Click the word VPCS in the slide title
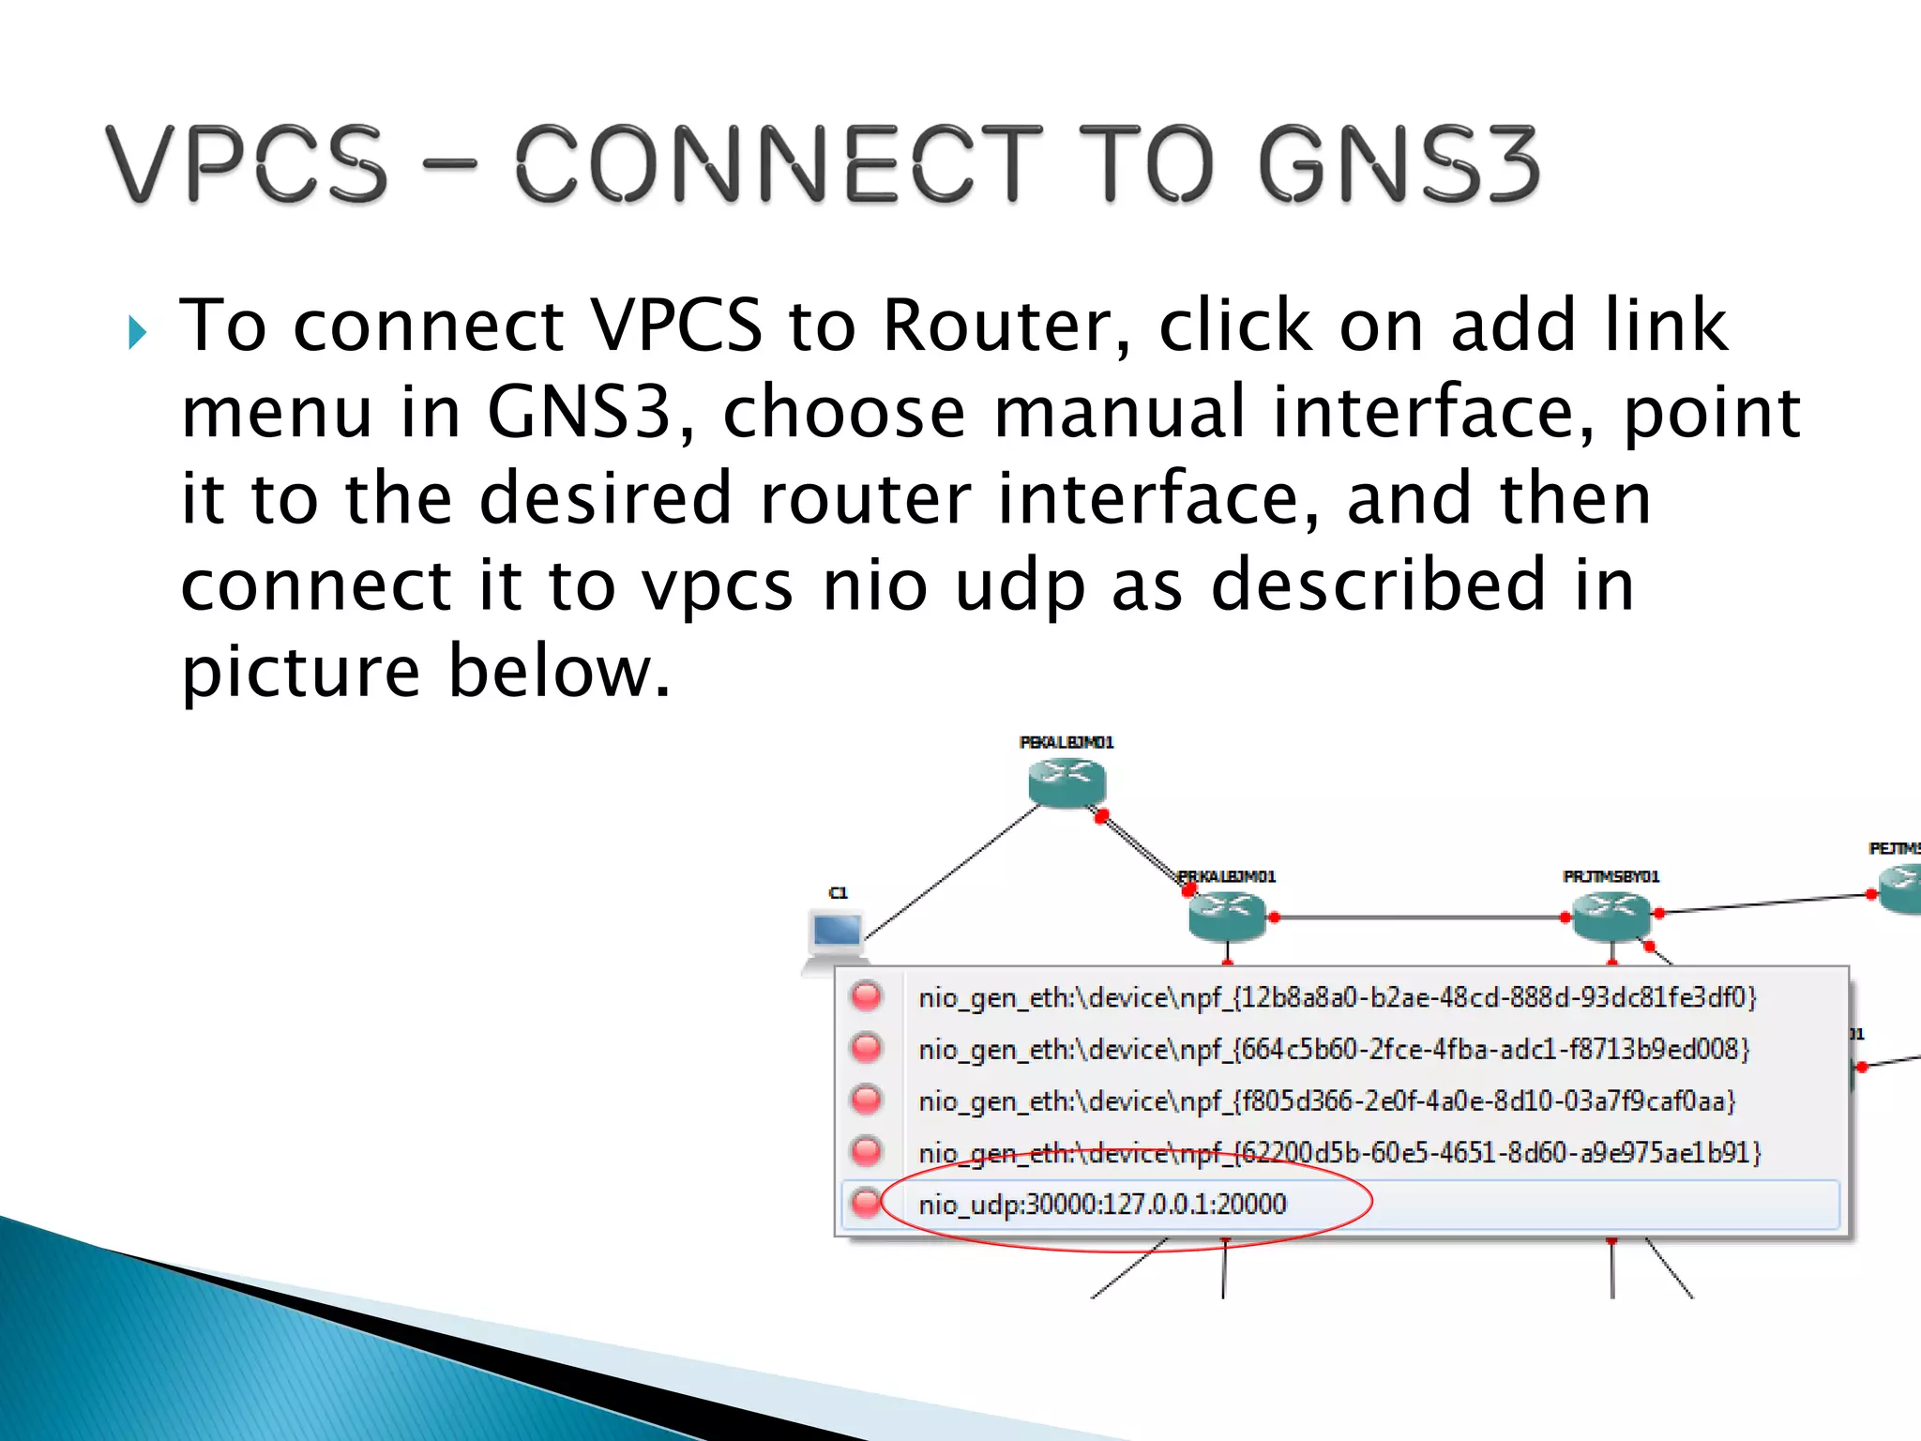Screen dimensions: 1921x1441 (246, 164)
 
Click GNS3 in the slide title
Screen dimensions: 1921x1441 (1398, 164)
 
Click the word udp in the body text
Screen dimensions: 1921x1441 (1020, 584)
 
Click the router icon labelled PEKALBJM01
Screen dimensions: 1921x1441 (1066, 781)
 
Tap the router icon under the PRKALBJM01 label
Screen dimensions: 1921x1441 (1227, 914)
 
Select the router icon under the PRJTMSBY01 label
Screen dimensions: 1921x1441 (1611, 914)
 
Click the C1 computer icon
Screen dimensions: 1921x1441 (837, 936)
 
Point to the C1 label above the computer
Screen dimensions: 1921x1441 (838, 892)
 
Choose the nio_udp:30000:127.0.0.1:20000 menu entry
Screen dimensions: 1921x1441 (1102, 1204)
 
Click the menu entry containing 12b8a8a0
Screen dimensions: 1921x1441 (1337, 996)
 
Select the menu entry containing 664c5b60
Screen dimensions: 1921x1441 (1334, 1048)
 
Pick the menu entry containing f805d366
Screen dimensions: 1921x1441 (1327, 1100)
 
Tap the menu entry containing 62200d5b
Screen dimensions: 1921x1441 (1339, 1152)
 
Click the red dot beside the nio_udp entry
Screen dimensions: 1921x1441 (866, 1203)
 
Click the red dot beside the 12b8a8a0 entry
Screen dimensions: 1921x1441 (866, 995)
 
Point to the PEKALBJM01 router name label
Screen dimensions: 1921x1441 (1066, 742)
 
